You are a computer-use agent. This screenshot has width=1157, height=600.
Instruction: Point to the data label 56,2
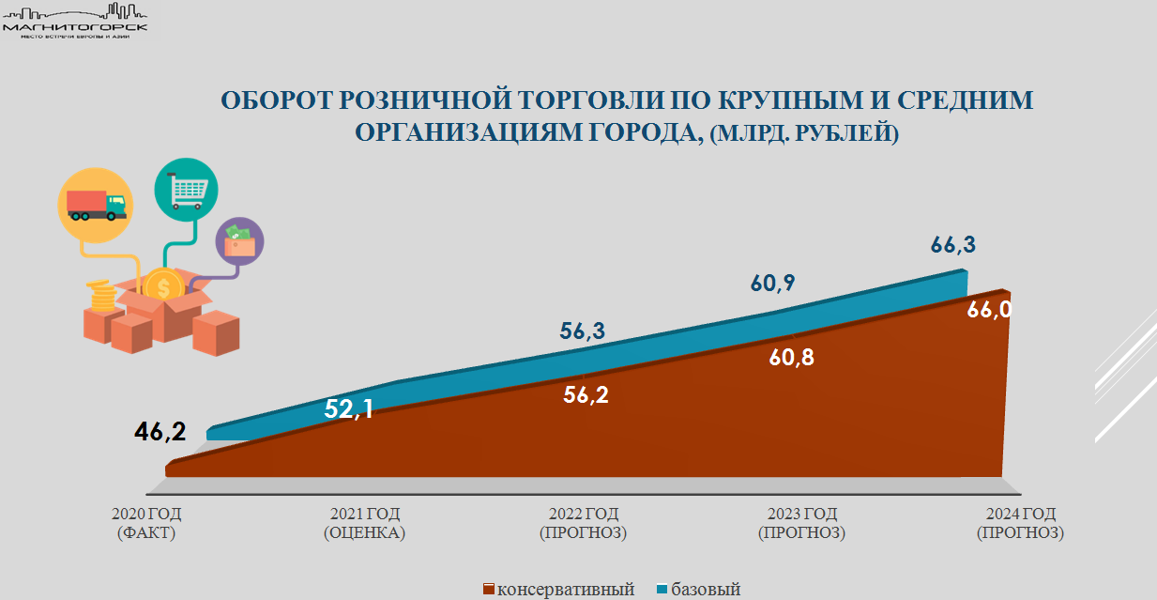[x=586, y=394]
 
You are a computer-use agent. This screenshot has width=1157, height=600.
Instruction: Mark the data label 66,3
[x=952, y=245]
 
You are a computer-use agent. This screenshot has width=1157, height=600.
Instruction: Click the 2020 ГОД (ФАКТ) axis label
[x=146, y=523]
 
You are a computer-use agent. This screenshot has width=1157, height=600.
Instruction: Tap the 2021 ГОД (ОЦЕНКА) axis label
[x=365, y=523]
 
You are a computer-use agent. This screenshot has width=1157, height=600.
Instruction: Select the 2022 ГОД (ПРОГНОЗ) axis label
[x=583, y=523]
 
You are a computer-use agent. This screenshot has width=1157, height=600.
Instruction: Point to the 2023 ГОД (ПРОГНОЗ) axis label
[x=801, y=523]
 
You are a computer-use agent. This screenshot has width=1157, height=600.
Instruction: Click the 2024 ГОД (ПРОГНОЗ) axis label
[x=1020, y=523]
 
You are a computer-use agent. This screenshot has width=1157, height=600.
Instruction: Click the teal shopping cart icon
[x=186, y=191]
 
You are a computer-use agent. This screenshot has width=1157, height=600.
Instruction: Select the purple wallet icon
[x=239, y=241]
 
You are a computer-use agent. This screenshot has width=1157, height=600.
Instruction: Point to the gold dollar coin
[x=163, y=285]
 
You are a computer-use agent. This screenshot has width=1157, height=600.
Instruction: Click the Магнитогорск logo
[x=76, y=19]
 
